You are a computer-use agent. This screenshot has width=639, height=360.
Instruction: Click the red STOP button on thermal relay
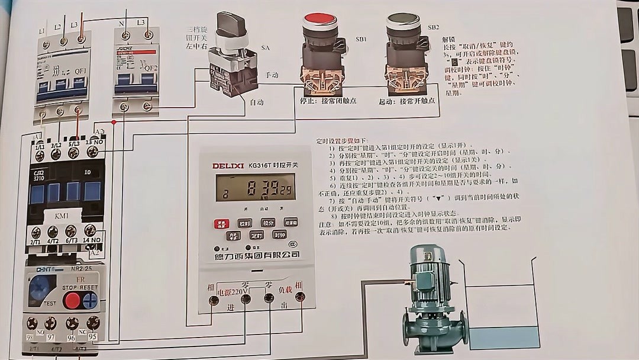[x=72, y=300]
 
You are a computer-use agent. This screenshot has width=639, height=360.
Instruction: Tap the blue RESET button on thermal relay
[x=90, y=300]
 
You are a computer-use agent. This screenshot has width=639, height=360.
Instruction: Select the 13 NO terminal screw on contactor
[x=92, y=152]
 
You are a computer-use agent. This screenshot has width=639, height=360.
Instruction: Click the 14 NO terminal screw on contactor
[x=90, y=231]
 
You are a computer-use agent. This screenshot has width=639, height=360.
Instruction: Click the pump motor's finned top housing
[x=430, y=275]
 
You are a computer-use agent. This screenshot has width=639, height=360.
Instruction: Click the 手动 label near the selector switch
[x=272, y=76]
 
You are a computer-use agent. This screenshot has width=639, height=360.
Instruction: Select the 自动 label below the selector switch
[x=256, y=102]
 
